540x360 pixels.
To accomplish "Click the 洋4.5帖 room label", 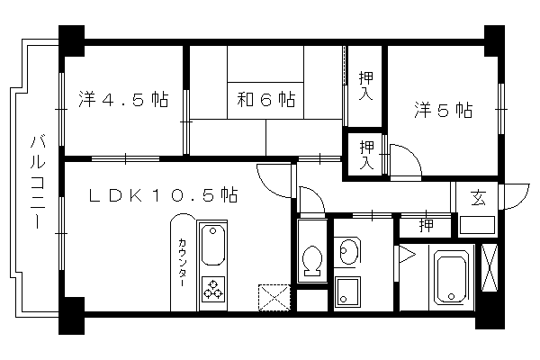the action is pyautogui.click(x=124, y=99).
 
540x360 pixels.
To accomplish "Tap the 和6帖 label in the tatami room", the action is pyautogui.click(x=265, y=99).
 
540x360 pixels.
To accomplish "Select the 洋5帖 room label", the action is pyautogui.click(x=443, y=110).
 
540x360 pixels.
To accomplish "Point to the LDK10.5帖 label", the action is pyautogui.click(x=163, y=195).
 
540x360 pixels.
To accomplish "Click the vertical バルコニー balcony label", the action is pyautogui.click(x=38, y=182).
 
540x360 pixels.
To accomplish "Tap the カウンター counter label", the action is pyautogui.click(x=182, y=262).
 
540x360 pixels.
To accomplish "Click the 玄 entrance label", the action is pyautogui.click(x=479, y=198).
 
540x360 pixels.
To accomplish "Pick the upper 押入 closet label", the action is pyautogui.click(x=366, y=85).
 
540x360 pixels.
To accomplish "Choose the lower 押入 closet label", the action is pyautogui.click(x=366, y=155).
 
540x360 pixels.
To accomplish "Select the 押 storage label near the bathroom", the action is pyautogui.click(x=426, y=225).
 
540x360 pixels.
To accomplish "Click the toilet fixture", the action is pyautogui.click(x=312, y=261).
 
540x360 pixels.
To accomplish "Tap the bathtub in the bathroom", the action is pyautogui.click(x=451, y=276).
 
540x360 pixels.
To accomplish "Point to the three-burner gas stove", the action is pyautogui.click(x=212, y=290).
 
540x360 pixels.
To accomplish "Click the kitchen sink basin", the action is pyautogui.click(x=212, y=245).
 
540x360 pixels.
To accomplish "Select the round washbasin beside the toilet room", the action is pyautogui.click(x=347, y=250).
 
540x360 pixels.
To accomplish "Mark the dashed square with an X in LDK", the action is pyautogui.click(x=274, y=297).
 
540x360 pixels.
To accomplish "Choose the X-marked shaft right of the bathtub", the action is pyautogui.click(x=490, y=267).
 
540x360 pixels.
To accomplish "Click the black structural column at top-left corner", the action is pyautogui.click(x=72, y=40).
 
